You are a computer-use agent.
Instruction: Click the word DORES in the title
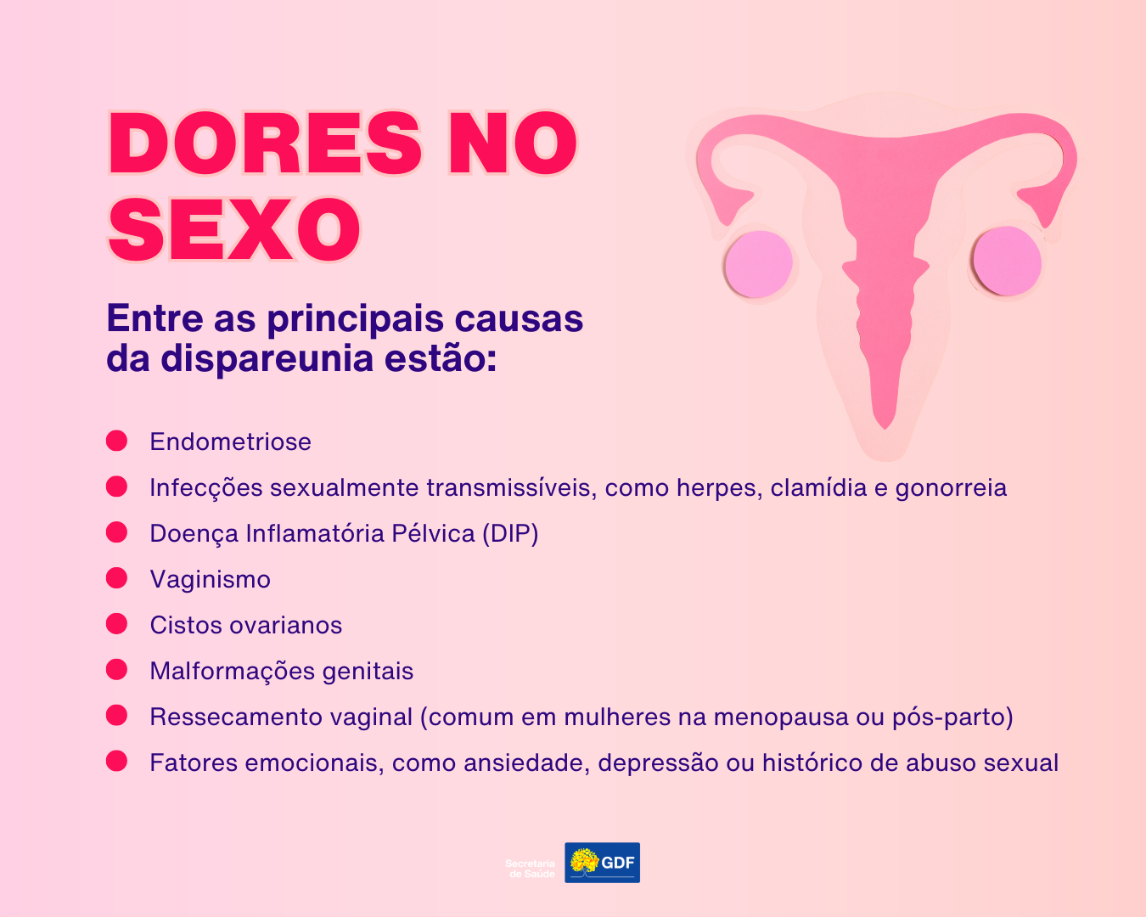click(x=265, y=143)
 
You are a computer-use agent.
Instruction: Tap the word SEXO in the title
click(x=235, y=229)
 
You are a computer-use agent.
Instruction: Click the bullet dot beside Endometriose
click(x=116, y=442)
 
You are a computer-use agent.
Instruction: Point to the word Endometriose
click(x=231, y=442)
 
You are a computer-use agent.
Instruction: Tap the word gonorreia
click(x=951, y=488)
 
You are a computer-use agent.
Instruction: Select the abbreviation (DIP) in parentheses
click(x=511, y=534)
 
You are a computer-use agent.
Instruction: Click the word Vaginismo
click(x=211, y=580)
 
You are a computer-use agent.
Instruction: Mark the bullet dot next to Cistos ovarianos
click(x=116, y=624)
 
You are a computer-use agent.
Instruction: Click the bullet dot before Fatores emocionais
click(x=116, y=761)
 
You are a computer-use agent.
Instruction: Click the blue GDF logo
click(x=603, y=863)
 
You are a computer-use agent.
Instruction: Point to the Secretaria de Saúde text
click(x=531, y=869)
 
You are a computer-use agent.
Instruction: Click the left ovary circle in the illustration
click(x=759, y=264)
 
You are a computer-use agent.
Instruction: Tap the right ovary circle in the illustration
click(x=1007, y=261)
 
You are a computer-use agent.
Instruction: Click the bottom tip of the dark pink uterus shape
click(x=885, y=430)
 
